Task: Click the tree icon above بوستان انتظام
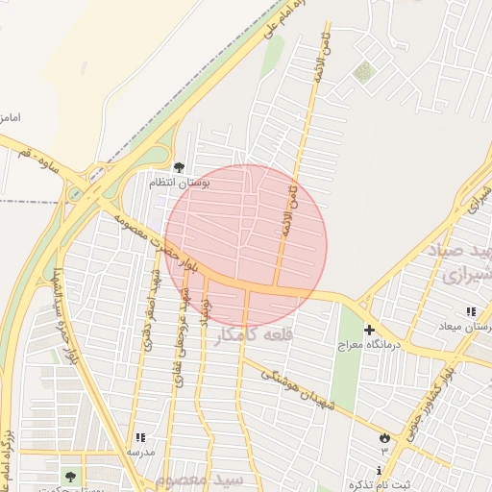click(179, 166)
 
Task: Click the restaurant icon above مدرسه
click(140, 437)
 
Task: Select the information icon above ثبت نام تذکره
click(381, 470)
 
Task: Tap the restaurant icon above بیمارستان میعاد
click(470, 312)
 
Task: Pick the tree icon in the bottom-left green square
click(69, 476)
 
